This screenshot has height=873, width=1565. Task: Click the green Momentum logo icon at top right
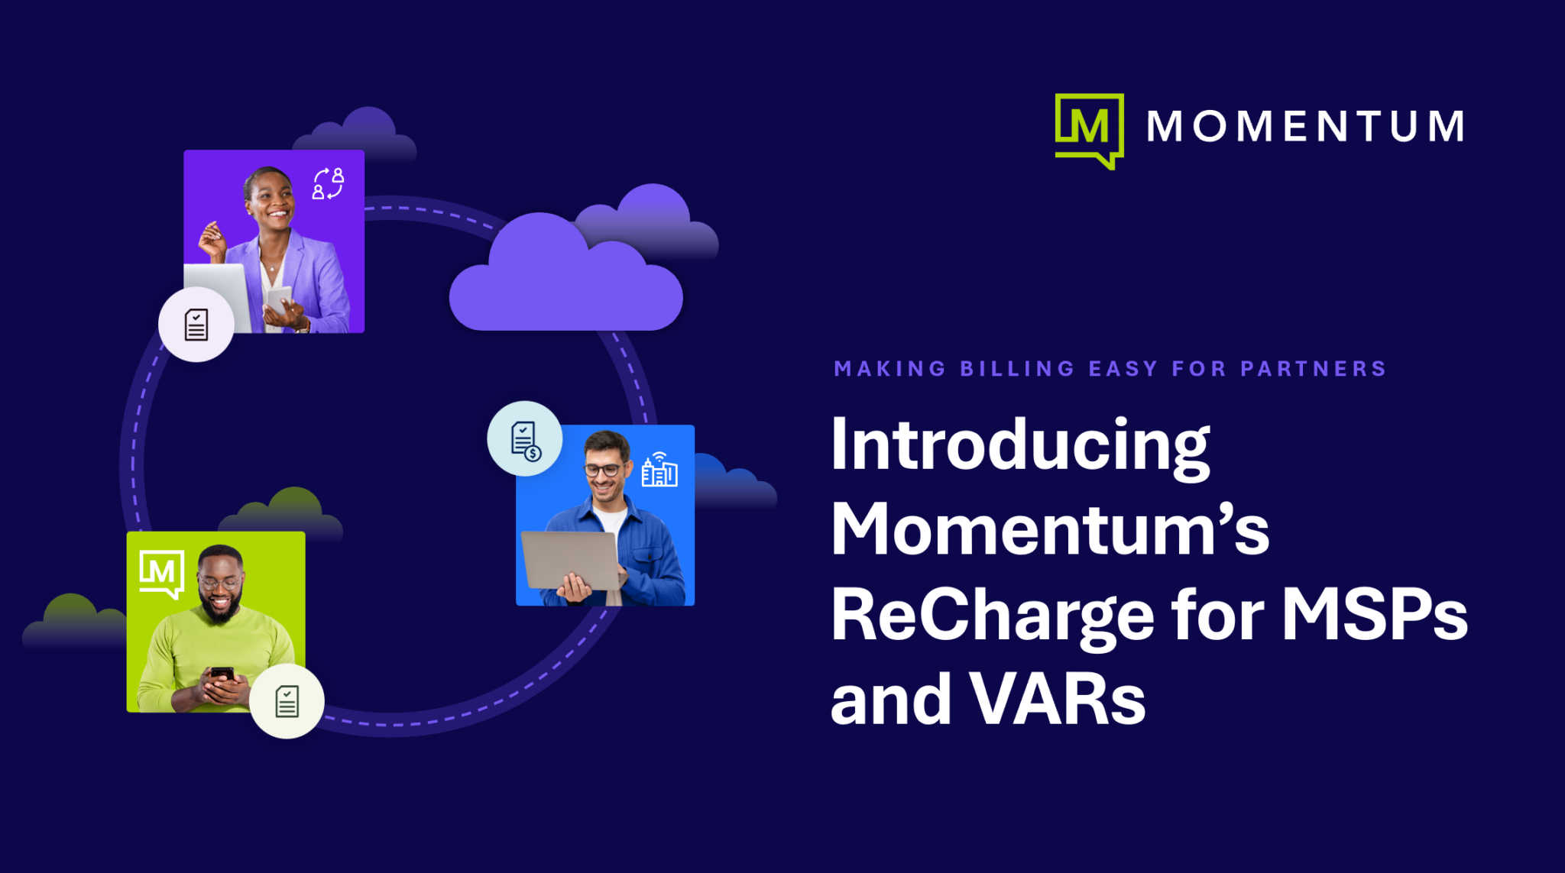pos(1089,128)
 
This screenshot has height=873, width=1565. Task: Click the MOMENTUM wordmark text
pos(1305,126)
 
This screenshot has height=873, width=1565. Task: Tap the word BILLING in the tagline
pos(1017,369)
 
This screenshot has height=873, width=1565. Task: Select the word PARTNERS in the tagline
pos(1313,369)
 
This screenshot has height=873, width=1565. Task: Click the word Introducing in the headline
pos(1020,446)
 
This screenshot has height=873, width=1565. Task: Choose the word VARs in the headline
pos(1058,700)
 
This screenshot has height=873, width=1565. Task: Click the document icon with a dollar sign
pos(525,439)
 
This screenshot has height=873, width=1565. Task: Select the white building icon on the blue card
pos(659,469)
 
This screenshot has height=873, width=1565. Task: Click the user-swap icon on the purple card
pos(328,183)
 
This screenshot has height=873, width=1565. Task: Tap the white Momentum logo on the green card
pos(161,572)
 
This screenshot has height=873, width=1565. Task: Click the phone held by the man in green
pos(222,674)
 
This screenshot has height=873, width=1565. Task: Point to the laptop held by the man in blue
pos(569,560)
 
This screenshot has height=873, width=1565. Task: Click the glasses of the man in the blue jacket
pos(603,470)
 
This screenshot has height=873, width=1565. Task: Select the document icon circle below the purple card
pos(196,325)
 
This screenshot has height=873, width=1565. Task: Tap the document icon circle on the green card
pos(287,701)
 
